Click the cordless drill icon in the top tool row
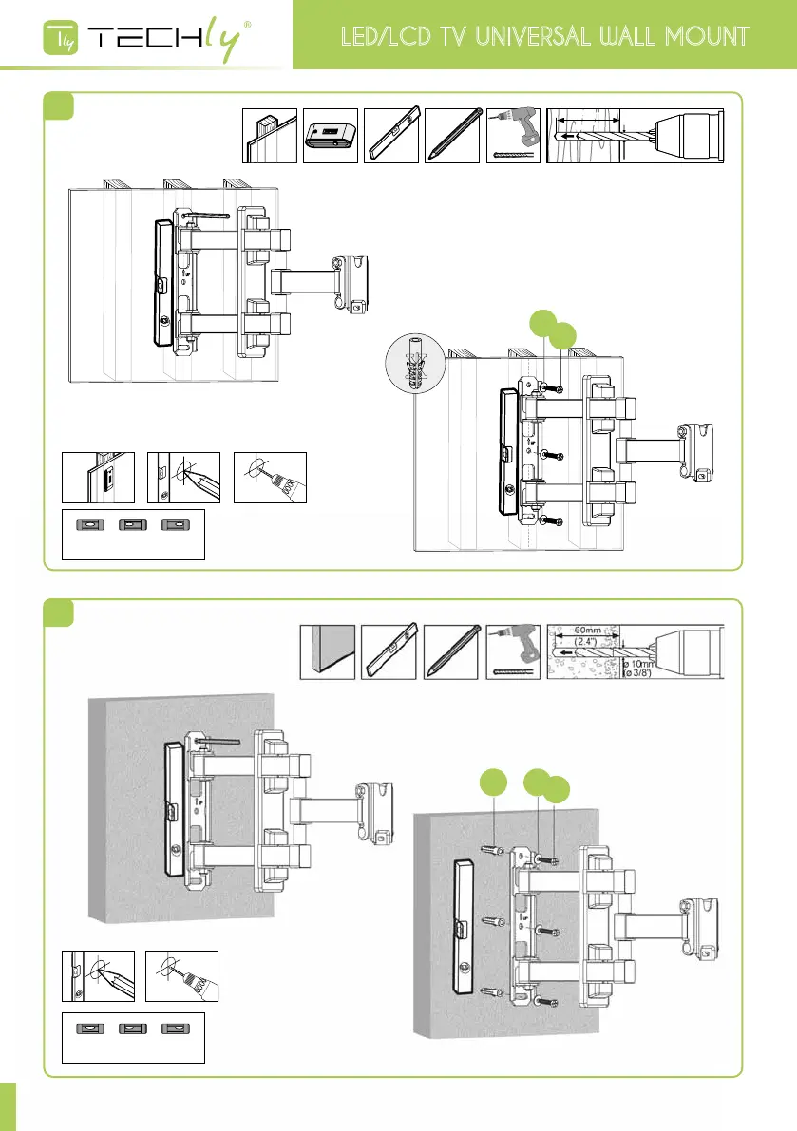[514, 135]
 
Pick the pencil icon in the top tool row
[452, 135]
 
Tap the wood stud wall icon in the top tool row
[270, 135]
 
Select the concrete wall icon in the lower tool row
[328, 651]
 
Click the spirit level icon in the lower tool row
[389, 651]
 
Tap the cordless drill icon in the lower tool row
[514, 651]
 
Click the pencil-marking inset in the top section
[183, 478]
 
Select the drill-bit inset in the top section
[270, 478]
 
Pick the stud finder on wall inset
[98, 478]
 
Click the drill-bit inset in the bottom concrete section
[183, 976]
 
